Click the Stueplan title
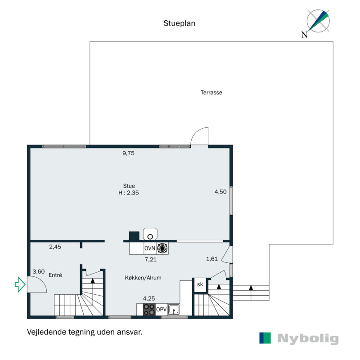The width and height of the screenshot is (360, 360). (x=179, y=23)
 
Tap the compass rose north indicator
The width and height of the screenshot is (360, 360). (x=318, y=21)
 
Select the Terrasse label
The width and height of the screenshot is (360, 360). (x=211, y=93)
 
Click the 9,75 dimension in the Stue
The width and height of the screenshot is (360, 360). (x=129, y=153)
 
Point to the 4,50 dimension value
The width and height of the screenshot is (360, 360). (x=220, y=192)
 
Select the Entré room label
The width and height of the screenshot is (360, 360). (x=55, y=275)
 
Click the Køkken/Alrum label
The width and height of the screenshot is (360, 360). (x=143, y=278)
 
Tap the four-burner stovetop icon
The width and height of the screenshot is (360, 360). (x=149, y=310)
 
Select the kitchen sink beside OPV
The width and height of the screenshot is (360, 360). (x=174, y=310)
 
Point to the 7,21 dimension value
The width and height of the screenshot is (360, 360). (x=150, y=260)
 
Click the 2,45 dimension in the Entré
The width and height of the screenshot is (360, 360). (x=55, y=247)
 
